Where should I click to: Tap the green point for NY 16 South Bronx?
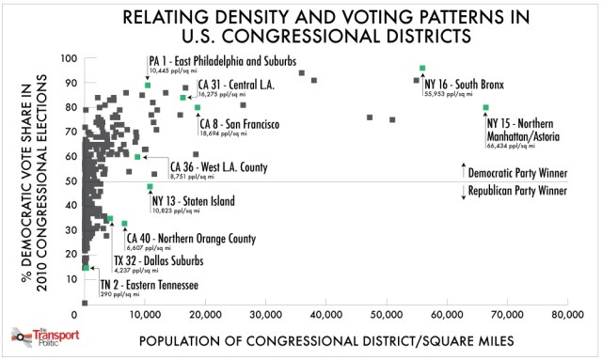pyautogui.click(x=422, y=68)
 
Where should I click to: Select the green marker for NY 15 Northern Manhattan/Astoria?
pyautogui.click(x=485, y=107)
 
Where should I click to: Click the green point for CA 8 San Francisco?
pyautogui.click(x=198, y=107)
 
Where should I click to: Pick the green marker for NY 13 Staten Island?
pyautogui.click(x=150, y=186)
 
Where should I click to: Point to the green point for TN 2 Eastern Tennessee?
pyautogui.click(x=86, y=268)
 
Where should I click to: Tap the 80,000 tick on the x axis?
pyautogui.click(x=566, y=312)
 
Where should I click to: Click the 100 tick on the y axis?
pyautogui.click(x=70, y=58)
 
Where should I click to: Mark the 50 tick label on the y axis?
pyautogui.click(x=72, y=180)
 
